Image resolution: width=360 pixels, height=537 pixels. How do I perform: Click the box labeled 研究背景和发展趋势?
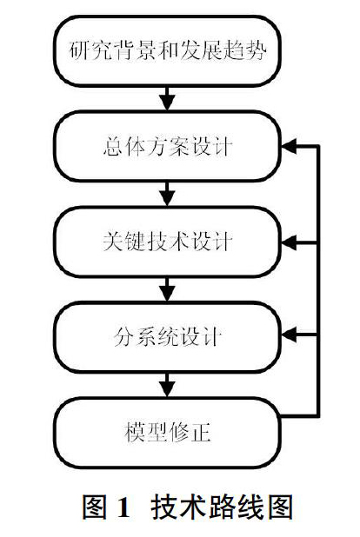[167, 50]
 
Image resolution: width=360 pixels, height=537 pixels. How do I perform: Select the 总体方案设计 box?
[167, 146]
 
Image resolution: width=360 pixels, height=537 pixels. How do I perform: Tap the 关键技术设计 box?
[167, 242]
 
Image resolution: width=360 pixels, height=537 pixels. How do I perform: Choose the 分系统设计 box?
[167, 337]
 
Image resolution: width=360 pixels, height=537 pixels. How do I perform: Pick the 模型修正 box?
[167, 433]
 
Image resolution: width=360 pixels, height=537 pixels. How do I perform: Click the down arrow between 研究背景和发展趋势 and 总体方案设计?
[167, 98]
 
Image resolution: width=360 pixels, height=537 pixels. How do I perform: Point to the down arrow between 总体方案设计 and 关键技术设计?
[167, 194]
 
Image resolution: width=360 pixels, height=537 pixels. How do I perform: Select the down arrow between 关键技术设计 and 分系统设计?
[167, 289]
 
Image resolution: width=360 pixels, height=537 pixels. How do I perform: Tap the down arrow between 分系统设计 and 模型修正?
[167, 385]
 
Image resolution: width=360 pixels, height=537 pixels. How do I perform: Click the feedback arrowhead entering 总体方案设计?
[289, 146]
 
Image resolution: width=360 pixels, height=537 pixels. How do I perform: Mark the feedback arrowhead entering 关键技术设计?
[289, 242]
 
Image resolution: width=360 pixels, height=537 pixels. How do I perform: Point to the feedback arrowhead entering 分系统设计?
[289, 335]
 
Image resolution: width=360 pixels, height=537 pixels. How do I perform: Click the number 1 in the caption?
[123, 507]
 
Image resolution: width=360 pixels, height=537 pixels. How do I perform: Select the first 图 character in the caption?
[95, 507]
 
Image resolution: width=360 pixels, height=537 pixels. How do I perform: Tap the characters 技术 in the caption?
[176, 507]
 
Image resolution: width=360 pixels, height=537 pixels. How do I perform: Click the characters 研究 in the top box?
[90, 50]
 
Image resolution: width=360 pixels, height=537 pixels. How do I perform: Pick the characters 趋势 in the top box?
[245, 50]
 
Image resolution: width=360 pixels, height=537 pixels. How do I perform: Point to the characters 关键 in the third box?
[123, 242]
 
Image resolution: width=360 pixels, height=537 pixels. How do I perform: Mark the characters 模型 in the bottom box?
[146, 432]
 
